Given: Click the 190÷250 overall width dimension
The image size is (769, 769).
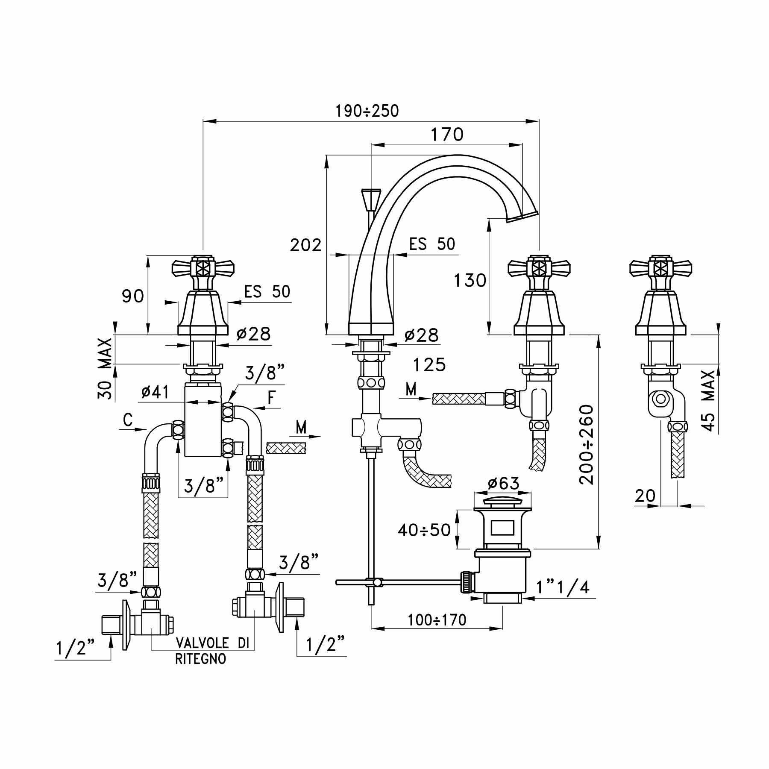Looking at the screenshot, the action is [367, 111].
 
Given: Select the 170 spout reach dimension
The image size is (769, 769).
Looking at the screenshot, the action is [447, 134].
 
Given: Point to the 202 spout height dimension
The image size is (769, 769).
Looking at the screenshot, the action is [305, 245].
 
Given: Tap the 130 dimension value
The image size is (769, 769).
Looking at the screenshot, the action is [470, 281].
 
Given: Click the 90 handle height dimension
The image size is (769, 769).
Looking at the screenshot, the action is [133, 296].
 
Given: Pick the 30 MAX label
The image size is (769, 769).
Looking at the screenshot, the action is [105, 368].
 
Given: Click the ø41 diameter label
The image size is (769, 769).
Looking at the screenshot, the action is [155, 392].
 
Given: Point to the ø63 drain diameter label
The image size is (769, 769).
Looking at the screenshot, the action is [503, 484].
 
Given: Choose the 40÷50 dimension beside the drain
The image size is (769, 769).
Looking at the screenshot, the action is [424, 530].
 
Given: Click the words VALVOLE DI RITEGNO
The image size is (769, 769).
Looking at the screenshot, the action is [212, 651].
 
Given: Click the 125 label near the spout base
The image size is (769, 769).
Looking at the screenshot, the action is [429, 365].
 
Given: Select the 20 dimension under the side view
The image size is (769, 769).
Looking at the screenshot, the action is [645, 496].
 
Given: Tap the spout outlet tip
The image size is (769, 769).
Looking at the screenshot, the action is [522, 217].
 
